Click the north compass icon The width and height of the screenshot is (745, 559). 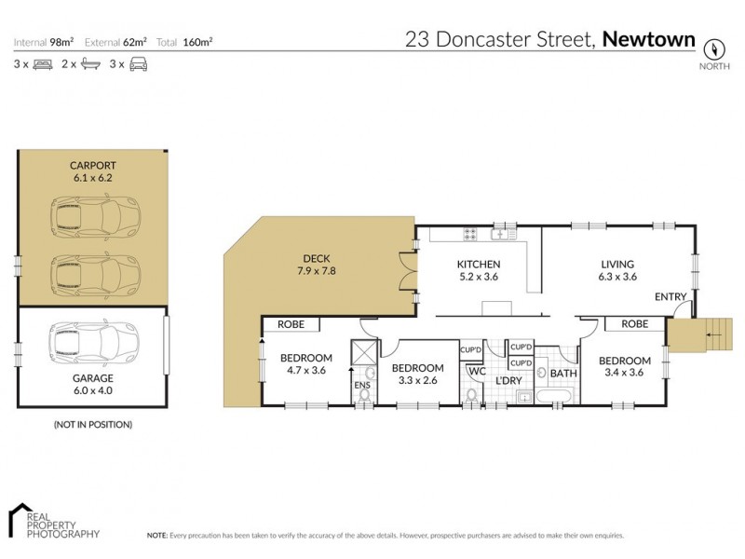(714, 48)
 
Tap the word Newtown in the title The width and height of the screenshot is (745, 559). (649, 39)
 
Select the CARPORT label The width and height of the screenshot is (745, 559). (91, 165)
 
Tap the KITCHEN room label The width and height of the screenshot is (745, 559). (479, 264)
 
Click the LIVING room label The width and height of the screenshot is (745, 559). (616, 264)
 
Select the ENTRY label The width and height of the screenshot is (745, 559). (670, 296)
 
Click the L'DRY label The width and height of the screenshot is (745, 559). (508, 381)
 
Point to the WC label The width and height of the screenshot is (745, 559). (478, 372)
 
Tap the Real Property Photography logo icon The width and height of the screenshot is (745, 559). (21, 519)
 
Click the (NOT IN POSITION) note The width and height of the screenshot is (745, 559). (92, 424)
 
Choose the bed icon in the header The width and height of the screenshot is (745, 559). (43, 64)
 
